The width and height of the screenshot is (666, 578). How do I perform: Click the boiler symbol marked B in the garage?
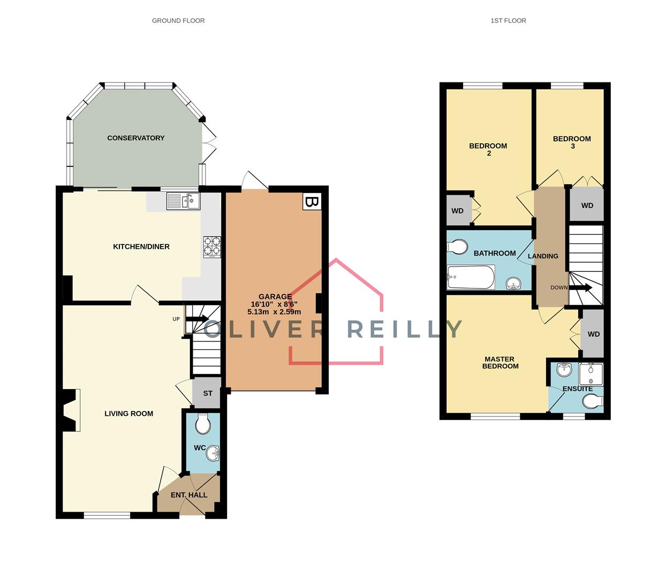point(312,201)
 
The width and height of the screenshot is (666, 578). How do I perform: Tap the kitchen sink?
point(183,201)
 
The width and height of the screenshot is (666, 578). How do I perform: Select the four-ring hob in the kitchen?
point(212,247)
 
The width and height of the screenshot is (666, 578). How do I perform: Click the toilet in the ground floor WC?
point(203,424)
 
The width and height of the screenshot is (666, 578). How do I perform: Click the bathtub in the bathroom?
point(471,277)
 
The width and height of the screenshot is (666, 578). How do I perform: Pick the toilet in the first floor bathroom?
point(457,247)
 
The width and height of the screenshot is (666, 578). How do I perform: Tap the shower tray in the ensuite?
point(591,375)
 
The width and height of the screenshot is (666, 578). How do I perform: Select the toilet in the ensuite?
point(593,401)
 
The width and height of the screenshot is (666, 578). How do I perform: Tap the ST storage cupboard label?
point(208,393)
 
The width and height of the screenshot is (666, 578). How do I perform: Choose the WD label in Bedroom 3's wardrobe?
point(587,206)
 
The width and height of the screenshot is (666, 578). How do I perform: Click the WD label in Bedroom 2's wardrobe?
point(457,211)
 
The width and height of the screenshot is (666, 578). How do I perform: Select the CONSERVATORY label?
point(136,138)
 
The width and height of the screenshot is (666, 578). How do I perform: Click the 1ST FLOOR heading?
point(508,20)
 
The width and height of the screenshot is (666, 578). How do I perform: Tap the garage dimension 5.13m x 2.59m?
point(274,312)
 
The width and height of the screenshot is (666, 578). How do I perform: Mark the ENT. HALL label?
point(189,495)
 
